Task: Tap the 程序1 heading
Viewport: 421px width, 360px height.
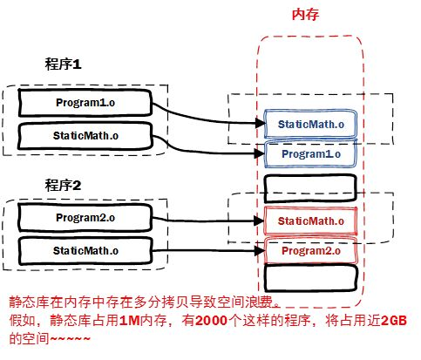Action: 63,65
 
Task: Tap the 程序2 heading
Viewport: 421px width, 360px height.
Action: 63,185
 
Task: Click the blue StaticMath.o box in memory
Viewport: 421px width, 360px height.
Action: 310,125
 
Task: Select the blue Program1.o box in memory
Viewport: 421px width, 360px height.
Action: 310,154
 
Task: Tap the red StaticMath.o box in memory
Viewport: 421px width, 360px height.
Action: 310,221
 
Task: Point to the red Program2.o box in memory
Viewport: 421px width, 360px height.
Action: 310,252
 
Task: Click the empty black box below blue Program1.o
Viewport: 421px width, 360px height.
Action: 310,187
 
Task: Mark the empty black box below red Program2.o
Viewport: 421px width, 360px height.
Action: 310,279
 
